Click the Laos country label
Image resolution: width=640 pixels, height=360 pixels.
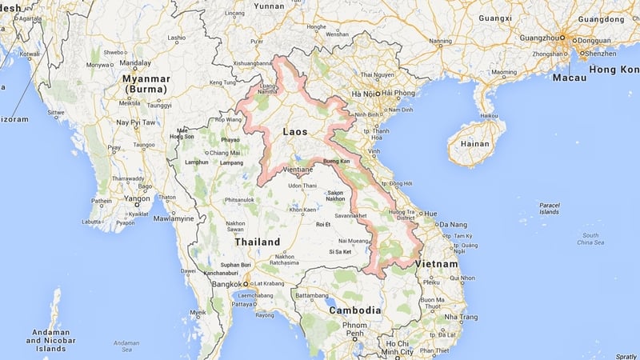[x=295, y=130]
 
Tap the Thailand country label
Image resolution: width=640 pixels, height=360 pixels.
[x=257, y=242]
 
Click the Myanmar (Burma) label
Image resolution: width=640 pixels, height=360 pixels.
[x=146, y=84]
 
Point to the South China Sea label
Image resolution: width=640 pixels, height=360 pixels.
[x=590, y=239]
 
